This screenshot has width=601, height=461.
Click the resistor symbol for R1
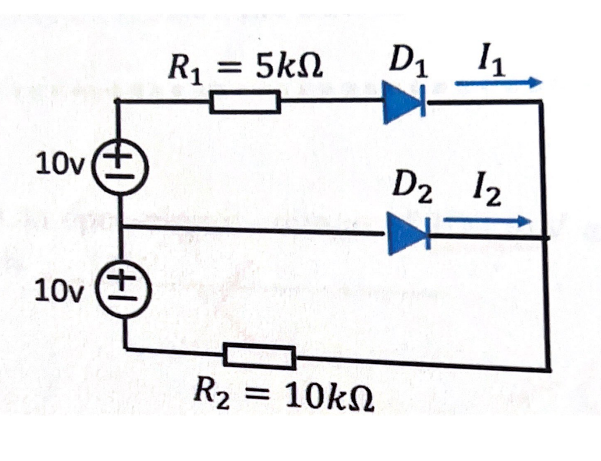click(244, 103)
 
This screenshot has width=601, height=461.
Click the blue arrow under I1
click(497, 83)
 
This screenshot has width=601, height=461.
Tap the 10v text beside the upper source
click(52, 166)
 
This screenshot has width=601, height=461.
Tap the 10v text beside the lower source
click(52, 290)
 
